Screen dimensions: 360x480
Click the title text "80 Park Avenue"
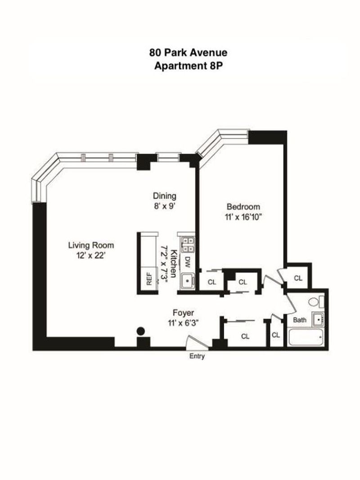188,53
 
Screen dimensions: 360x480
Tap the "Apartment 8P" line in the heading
188,66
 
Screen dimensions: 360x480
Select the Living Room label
91,245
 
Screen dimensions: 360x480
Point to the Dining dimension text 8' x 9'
164,206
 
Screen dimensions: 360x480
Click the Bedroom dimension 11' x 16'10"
243,217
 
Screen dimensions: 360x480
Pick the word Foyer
183,313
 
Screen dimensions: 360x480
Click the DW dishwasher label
187,261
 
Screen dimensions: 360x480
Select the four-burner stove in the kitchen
187,244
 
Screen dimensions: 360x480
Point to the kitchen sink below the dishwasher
187,280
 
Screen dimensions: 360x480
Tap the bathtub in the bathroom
306,337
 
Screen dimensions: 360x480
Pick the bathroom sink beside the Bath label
318,319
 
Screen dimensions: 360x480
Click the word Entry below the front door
197,356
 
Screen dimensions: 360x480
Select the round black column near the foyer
140,331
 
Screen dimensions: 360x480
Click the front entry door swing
198,342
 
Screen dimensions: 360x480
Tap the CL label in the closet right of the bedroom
298,278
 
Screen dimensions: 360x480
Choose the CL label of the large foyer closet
245,336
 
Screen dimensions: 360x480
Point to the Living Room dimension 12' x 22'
91,256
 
